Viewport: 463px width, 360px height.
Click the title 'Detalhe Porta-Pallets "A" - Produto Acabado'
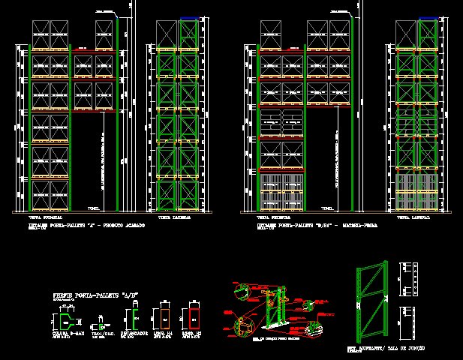point(86,224)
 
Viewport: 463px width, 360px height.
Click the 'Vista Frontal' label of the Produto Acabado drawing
point(40,217)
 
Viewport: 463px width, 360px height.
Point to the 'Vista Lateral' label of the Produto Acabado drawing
point(173,217)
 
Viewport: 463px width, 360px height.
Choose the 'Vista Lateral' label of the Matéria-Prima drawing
point(413,217)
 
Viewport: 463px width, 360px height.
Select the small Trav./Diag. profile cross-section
point(98,325)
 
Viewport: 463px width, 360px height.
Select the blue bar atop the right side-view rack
point(428,16)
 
